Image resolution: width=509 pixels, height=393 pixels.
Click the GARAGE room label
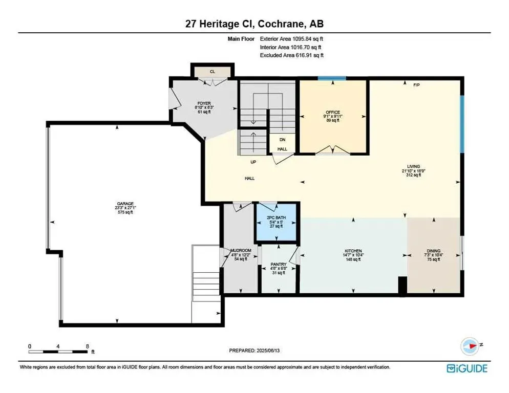pos(124,204)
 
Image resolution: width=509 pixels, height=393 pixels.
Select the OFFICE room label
pos(333,112)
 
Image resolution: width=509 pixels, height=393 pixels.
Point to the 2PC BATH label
pos(276,218)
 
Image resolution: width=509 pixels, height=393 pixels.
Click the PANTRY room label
pos(278,264)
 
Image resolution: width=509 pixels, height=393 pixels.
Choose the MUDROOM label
pos(241,251)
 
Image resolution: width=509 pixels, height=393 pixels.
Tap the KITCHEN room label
pos(353,251)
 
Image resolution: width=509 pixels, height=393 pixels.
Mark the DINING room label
pos(434,251)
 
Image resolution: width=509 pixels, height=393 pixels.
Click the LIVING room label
pos(413,166)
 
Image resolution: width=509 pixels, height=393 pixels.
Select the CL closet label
pos(212,71)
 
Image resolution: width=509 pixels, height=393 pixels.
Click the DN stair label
pos(282,139)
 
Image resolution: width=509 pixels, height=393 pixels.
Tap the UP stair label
pos(253,162)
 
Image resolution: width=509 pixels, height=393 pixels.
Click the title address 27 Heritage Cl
pos(254,24)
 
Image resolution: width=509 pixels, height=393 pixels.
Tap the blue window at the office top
pos(331,78)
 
